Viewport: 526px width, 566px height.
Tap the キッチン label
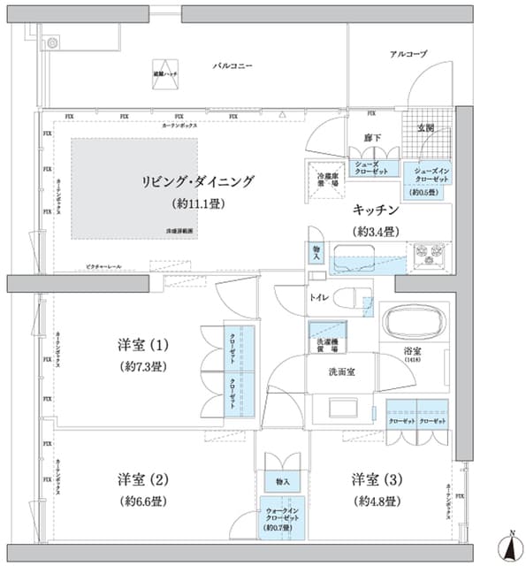377,210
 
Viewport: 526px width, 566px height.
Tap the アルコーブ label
408,55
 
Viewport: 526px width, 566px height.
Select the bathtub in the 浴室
414,321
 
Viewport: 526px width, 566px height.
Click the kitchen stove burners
431,254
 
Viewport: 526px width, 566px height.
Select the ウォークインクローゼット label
282,516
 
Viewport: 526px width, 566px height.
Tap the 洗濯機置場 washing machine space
326,344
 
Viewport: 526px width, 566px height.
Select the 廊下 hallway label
371,137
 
